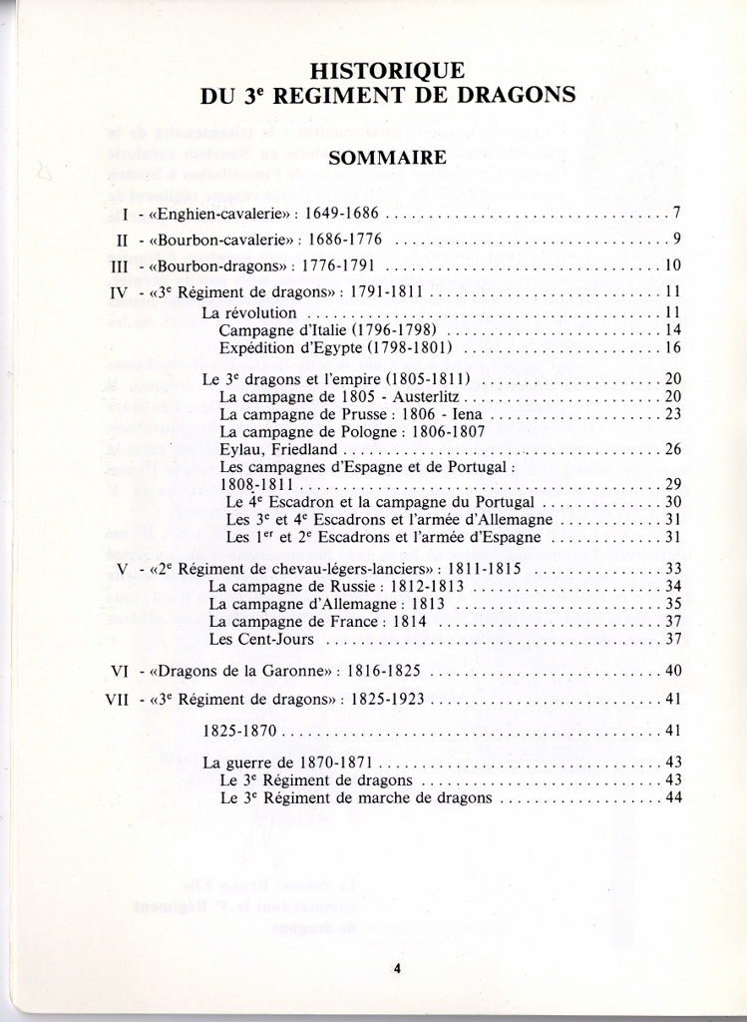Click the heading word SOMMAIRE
pyautogui.click(x=387, y=158)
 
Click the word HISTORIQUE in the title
pyautogui.click(x=387, y=71)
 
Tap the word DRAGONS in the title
pyautogui.click(x=519, y=96)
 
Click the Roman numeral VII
pyautogui.click(x=118, y=699)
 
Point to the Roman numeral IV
pyautogui.click(x=120, y=292)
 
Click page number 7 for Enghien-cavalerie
pyautogui.click(x=676, y=213)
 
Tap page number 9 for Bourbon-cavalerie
pyautogui.click(x=676, y=240)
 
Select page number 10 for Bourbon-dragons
pyautogui.click(x=672, y=265)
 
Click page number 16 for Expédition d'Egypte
pyautogui.click(x=672, y=347)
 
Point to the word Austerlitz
pyautogui.click(x=422, y=396)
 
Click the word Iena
pyautogui.click(x=468, y=414)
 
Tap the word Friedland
pyautogui.click(x=302, y=450)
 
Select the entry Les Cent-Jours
pyautogui.click(x=261, y=639)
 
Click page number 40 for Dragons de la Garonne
pyautogui.click(x=672, y=671)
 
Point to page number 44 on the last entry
pyautogui.click(x=672, y=797)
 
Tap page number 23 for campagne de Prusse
pyautogui.click(x=672, y=414)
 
